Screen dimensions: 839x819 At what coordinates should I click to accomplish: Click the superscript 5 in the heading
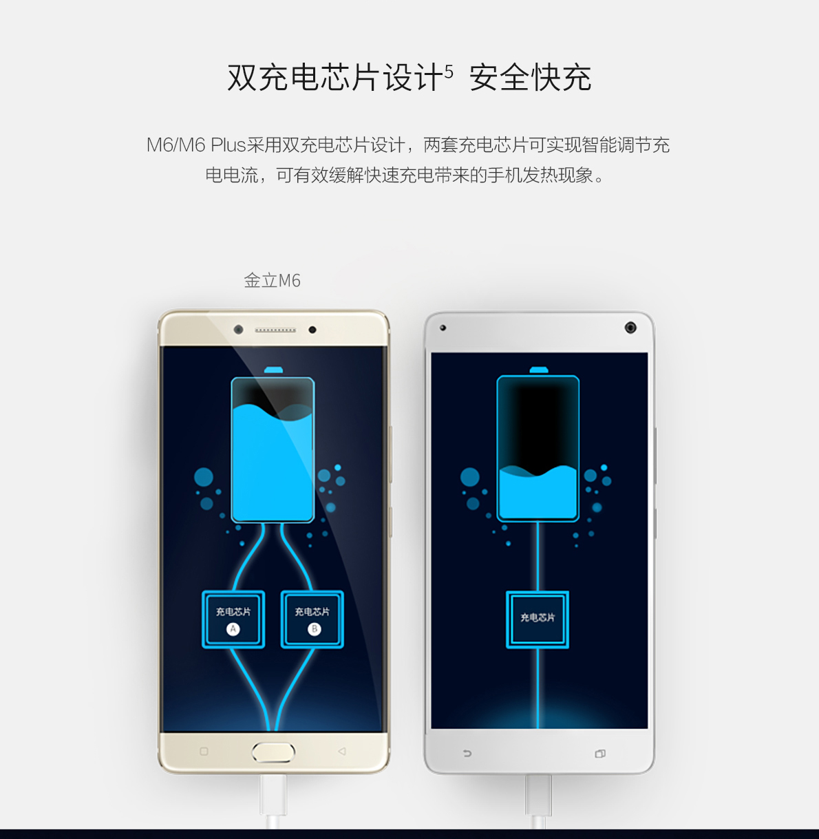pyautogui.click(x=449, y=71)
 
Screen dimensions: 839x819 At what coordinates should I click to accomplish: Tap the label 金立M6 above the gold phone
pyautogui.click(x=272, y=281)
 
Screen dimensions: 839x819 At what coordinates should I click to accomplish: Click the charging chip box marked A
pyautogui.click(x=233, y=619)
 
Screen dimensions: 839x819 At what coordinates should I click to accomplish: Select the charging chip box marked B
pyautogui.click(x=312, y=619)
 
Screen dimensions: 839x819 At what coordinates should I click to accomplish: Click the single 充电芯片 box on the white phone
pyautogui.click(x=538, y=619)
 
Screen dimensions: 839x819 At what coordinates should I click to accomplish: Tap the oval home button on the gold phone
pyautogui.click(x=273, y=752)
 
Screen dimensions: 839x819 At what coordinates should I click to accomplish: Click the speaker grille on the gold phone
pyautogui.click(x=275, y=330)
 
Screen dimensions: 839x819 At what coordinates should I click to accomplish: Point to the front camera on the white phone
pyautogui.click(x=630, y=328)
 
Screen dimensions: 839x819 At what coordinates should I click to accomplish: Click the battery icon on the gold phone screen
pyautogui.click(x=273, y=447)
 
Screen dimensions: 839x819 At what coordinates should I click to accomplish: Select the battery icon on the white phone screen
pyautogui.click(x=538, y=447)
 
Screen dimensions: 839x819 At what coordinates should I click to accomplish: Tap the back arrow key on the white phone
pyautogui.click(x=467, y=754)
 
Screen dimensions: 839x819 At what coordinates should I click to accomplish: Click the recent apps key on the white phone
pyautogui.click(x=600, y=754)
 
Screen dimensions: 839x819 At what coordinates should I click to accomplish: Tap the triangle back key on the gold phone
pyautogui.click(x=342, y=752)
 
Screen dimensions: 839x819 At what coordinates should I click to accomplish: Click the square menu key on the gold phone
pyautogui.click(x=204, y=752)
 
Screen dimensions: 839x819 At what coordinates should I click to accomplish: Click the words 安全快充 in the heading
pyautogui.click(x=530, y=78)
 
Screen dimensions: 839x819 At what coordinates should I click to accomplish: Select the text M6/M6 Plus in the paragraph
pyautogui.click(x=196, y=145)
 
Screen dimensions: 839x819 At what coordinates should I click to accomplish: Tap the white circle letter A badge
pyautogui.click(x=233, y=629)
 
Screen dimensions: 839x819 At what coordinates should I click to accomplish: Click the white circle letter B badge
pyautogui.click(x=314, y=629)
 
